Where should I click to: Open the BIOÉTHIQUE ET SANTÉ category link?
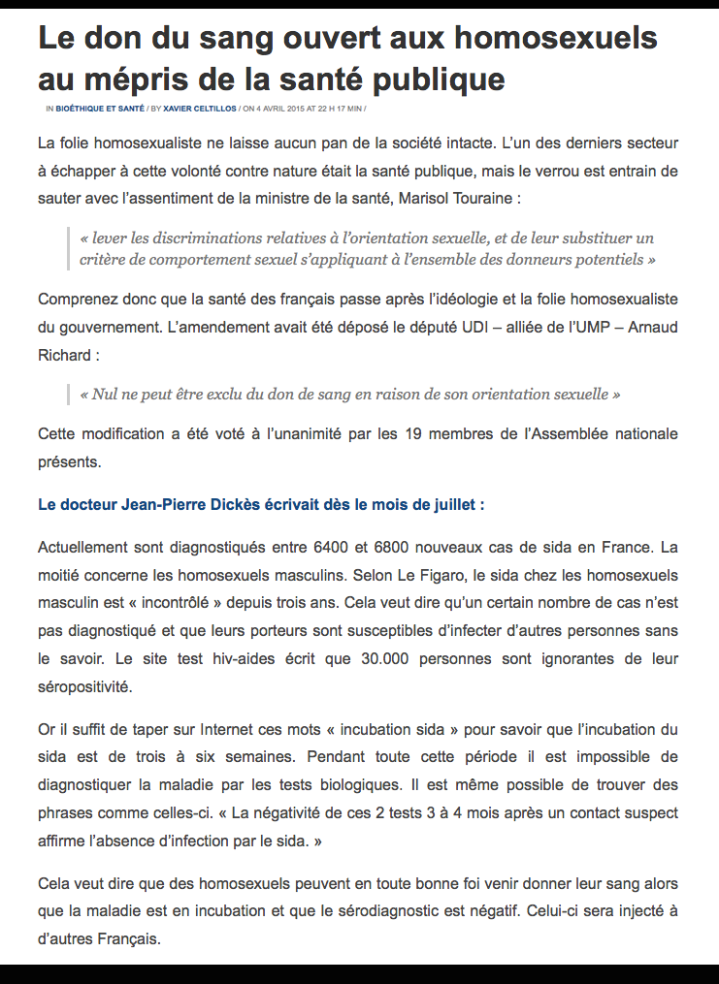click(x=100, y=109)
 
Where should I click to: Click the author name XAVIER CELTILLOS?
click(x=200, y=109)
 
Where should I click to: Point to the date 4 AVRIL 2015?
click(x=281, y=109)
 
